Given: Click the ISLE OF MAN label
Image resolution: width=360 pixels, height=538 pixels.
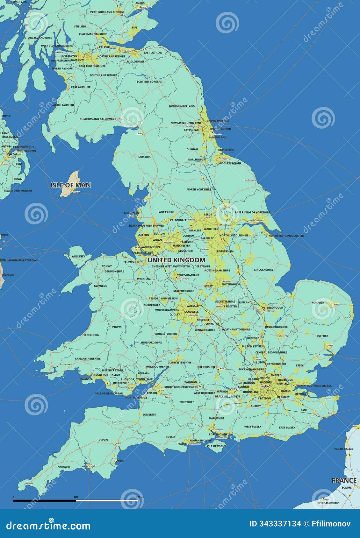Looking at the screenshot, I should (x=70, y=185).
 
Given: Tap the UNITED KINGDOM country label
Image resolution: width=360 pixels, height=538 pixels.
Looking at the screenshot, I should (x=176, y=260).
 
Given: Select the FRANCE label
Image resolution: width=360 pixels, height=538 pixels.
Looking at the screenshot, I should (x=344, y=480).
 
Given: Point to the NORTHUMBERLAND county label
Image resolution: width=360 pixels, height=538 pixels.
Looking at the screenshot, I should (x=182, y=106).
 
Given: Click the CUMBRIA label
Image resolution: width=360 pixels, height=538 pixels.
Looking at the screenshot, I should (x=144, y=157).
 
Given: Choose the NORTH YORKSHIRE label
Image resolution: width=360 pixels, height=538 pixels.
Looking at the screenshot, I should (x=199, y=189).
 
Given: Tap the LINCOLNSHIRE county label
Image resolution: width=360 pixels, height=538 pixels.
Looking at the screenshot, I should (x=263, y=270).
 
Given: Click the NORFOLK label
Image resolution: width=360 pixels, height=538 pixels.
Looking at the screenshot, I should (x=318, y=303).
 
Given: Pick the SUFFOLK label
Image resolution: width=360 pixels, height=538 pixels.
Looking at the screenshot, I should (x=322, y=336).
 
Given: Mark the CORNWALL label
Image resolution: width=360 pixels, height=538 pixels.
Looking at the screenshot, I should (x=65, y=467).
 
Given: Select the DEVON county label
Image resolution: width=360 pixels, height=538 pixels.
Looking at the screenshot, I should (x=103, y=440).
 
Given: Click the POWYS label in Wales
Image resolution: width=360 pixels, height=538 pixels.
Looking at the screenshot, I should (x=117, y=327).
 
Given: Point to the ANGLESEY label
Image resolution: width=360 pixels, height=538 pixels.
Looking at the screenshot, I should (x=78, y=256).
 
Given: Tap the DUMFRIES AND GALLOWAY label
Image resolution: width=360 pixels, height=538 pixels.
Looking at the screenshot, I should (x=97, y=119).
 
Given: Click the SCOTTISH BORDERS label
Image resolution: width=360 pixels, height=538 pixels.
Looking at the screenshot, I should (x=149, y=82).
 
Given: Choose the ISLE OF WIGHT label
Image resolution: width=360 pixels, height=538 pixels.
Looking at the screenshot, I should (x=216, y=446).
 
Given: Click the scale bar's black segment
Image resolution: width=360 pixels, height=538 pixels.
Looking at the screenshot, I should (x=44, y=500).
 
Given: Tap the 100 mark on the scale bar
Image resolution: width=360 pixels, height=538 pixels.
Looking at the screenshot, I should (x=76, y=497).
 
